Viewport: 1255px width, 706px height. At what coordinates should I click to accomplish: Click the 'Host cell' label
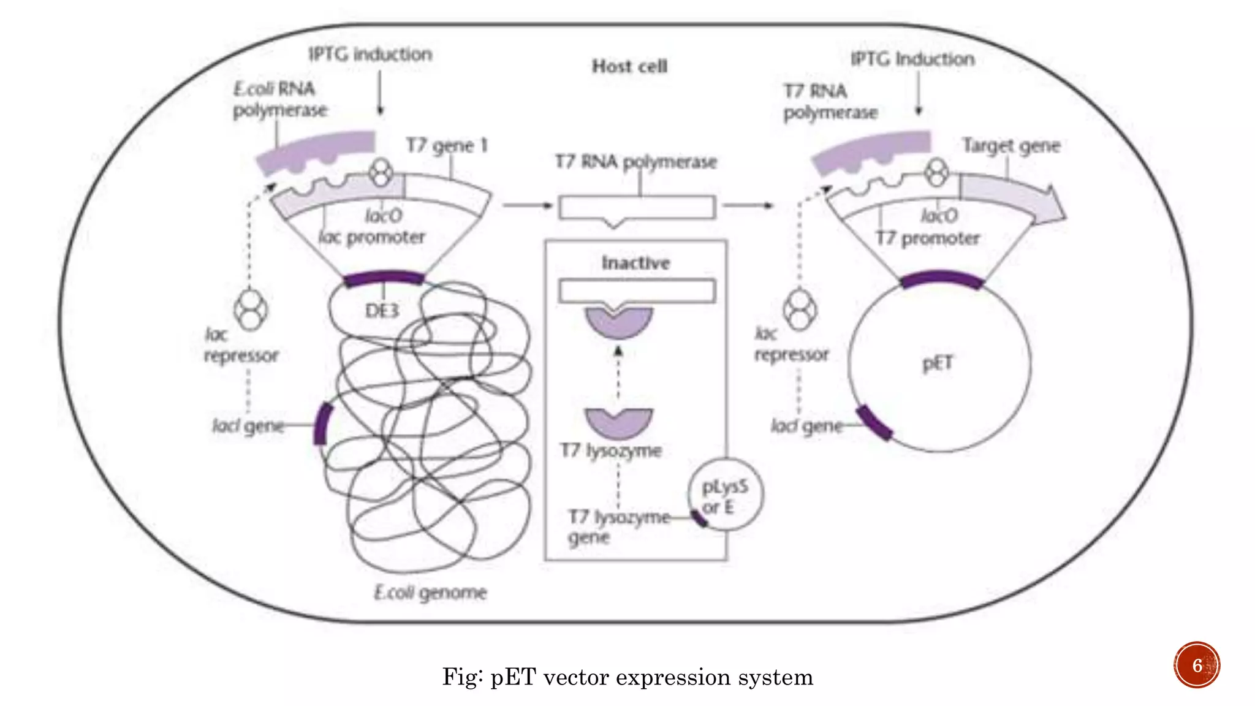pos(629,66)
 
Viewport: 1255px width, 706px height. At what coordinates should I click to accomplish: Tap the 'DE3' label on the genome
pos(382,311)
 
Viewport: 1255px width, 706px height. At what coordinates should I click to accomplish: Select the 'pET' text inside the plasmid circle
pos(938,363)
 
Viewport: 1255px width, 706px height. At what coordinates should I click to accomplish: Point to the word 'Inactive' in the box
pos(635,264)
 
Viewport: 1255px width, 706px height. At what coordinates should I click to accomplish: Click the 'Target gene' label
pos(1011,146)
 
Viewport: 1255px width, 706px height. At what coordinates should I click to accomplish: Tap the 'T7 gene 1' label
pos(447,146)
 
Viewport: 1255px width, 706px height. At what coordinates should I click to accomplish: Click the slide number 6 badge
pos(1197,665)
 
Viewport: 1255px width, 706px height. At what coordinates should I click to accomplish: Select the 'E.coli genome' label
pos(430,593)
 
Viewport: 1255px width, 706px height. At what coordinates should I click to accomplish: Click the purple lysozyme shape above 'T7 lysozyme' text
pos(618,423)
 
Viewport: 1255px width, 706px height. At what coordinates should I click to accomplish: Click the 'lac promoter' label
pos(371,237)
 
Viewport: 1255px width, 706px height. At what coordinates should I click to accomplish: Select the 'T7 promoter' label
pos(927,238)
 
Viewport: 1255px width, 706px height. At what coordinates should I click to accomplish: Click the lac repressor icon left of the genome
pos(250,309)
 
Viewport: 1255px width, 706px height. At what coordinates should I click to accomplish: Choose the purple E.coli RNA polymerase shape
pos(316,150)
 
